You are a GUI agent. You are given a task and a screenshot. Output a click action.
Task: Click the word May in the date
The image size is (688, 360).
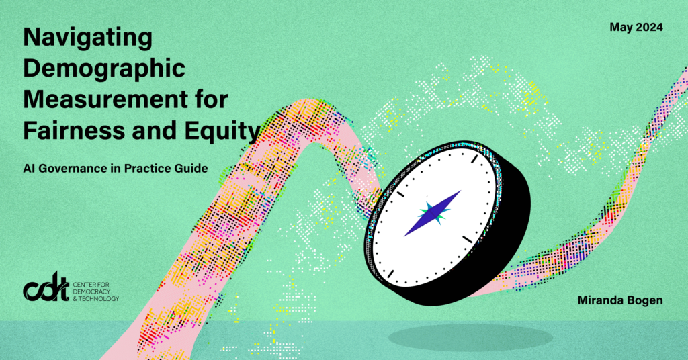(x=621, y=28)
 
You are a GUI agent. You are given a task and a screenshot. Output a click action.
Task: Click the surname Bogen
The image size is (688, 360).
(x=644, y=300)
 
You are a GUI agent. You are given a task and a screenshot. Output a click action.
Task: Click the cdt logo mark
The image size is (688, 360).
(x=46, y=287)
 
